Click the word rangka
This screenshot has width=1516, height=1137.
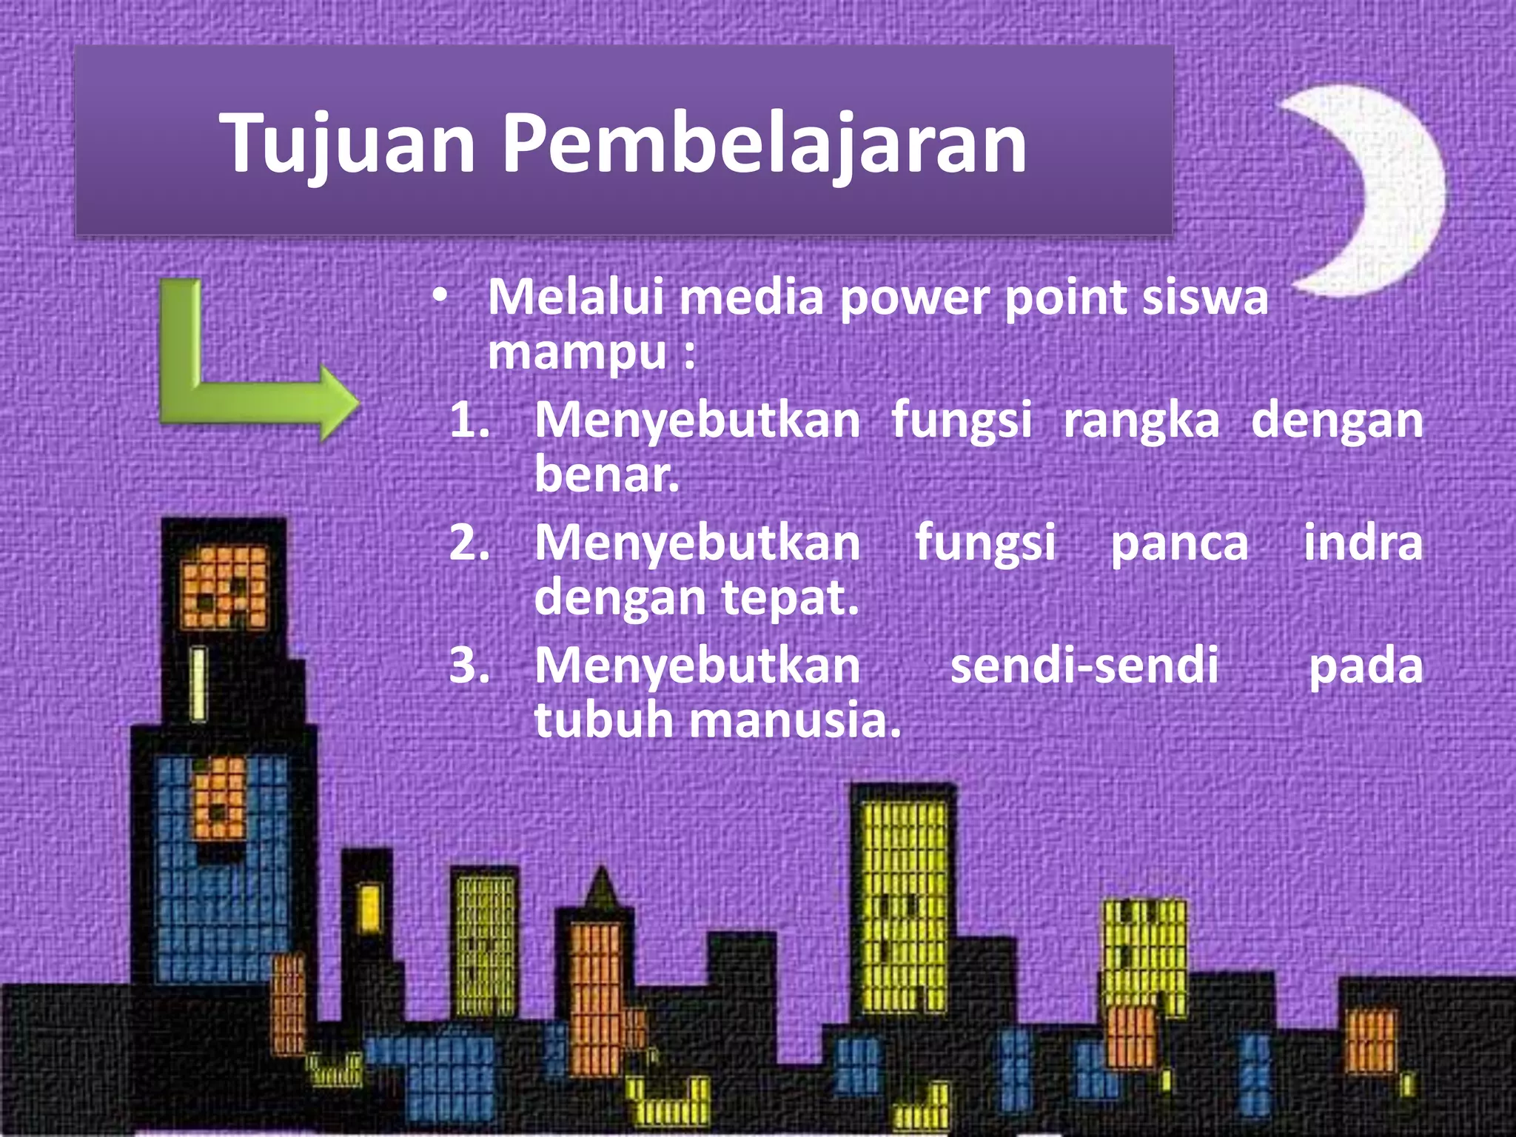(1141, 420)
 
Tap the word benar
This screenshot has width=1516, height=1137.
(606, 474)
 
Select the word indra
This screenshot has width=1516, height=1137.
(1363, 543)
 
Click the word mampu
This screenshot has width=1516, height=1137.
(577, 354)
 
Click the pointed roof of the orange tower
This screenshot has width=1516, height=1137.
(601, 888)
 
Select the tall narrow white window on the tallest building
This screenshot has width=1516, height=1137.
(198, 684)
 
